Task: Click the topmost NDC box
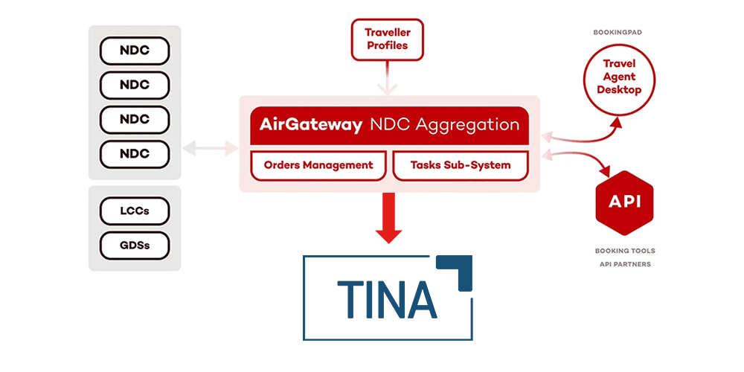tap(135, 51)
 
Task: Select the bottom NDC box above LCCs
tap(135, 154)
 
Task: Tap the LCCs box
tap(135, 211)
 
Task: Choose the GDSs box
tap(135, 245)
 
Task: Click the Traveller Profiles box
tap(387, 39)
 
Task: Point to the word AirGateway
tap(310, 124)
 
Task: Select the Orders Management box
tap(318, 165)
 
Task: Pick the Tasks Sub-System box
tap(461, 165)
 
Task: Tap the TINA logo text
tap(385, 298)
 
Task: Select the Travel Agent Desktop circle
tap(619, 77)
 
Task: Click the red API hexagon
tap(624, 202)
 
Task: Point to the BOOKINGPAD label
tap(618, 33)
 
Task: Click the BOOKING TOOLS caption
tap(625, 251)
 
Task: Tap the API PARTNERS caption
tap(625, 264)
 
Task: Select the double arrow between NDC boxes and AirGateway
tap(210, 148)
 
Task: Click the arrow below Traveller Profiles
tap(387, 80)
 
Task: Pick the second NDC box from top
tap(135, 85)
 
